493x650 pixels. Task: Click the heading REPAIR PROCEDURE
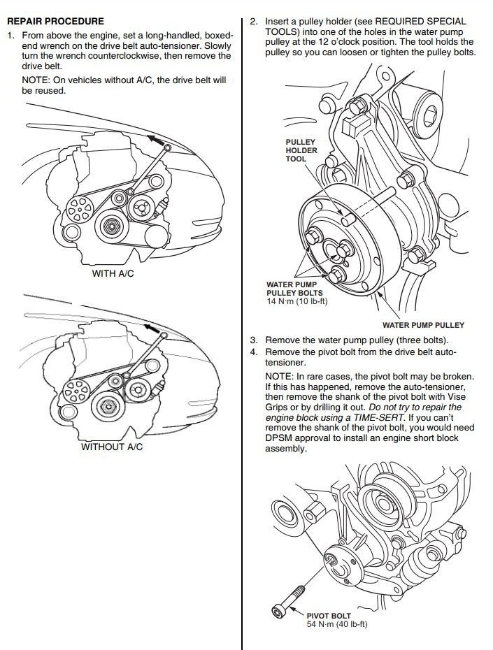coord(55,22)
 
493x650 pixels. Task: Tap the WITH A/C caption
coord(113,274)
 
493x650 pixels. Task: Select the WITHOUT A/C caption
coord(112,447)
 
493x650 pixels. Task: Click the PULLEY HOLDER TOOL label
coord(301,150)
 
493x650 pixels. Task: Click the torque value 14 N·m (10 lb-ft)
coord(297,301)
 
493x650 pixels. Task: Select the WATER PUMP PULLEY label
coord(423,325)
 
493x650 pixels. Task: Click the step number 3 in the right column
coord(254,340)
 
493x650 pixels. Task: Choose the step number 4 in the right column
coord(254,352)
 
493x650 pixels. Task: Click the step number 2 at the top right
coord(254,22)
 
